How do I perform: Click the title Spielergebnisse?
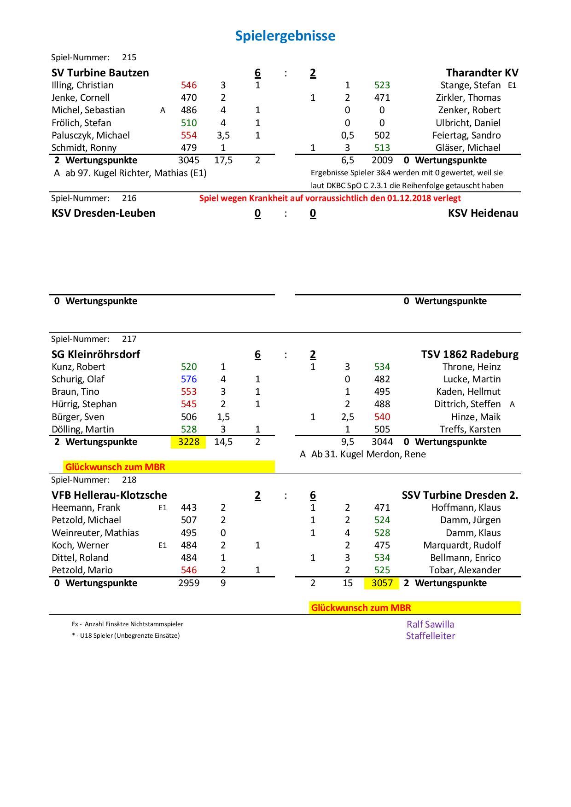pyautogui.click(x=285, y=36)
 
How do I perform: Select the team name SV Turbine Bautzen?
pyautogui.click(x=100, y=73)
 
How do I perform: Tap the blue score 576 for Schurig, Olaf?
pyautogui.click(x=189, y=379)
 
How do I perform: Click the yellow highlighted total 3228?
pyautogui.click(x=189, y=442)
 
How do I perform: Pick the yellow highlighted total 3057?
pyautogui.click(x=382, y=583)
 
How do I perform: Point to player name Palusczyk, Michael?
pyautogui.click(x=90, y=135)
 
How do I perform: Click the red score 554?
pyautogui.click(x=189, y=135)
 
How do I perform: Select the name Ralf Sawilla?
pyautogui.click(x=430, y=624)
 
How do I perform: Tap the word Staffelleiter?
pyautogui.click(x=430, y=636)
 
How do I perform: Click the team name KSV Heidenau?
pyautogui.click(x=483, y=213)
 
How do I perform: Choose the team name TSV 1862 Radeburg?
pyautogui.click(x=469, y=354)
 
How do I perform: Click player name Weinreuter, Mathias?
pyautogui.click(x=95, y=533)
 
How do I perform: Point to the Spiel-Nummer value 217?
pyautogui.click(x=129, y=339)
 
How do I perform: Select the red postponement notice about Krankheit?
pyautogui.click(x=330, y=198)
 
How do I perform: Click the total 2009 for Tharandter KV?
pyautogui.click(x=382, y=160)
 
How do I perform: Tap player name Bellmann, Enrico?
pyautogui.click(x=465, y=558)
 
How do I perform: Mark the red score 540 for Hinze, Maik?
pyautogui.click(x=382, y=417)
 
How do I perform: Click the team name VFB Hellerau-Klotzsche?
pyautogui.click(x=109, y=495)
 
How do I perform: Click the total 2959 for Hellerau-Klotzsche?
pyautogui.click(x=189, y=583)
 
